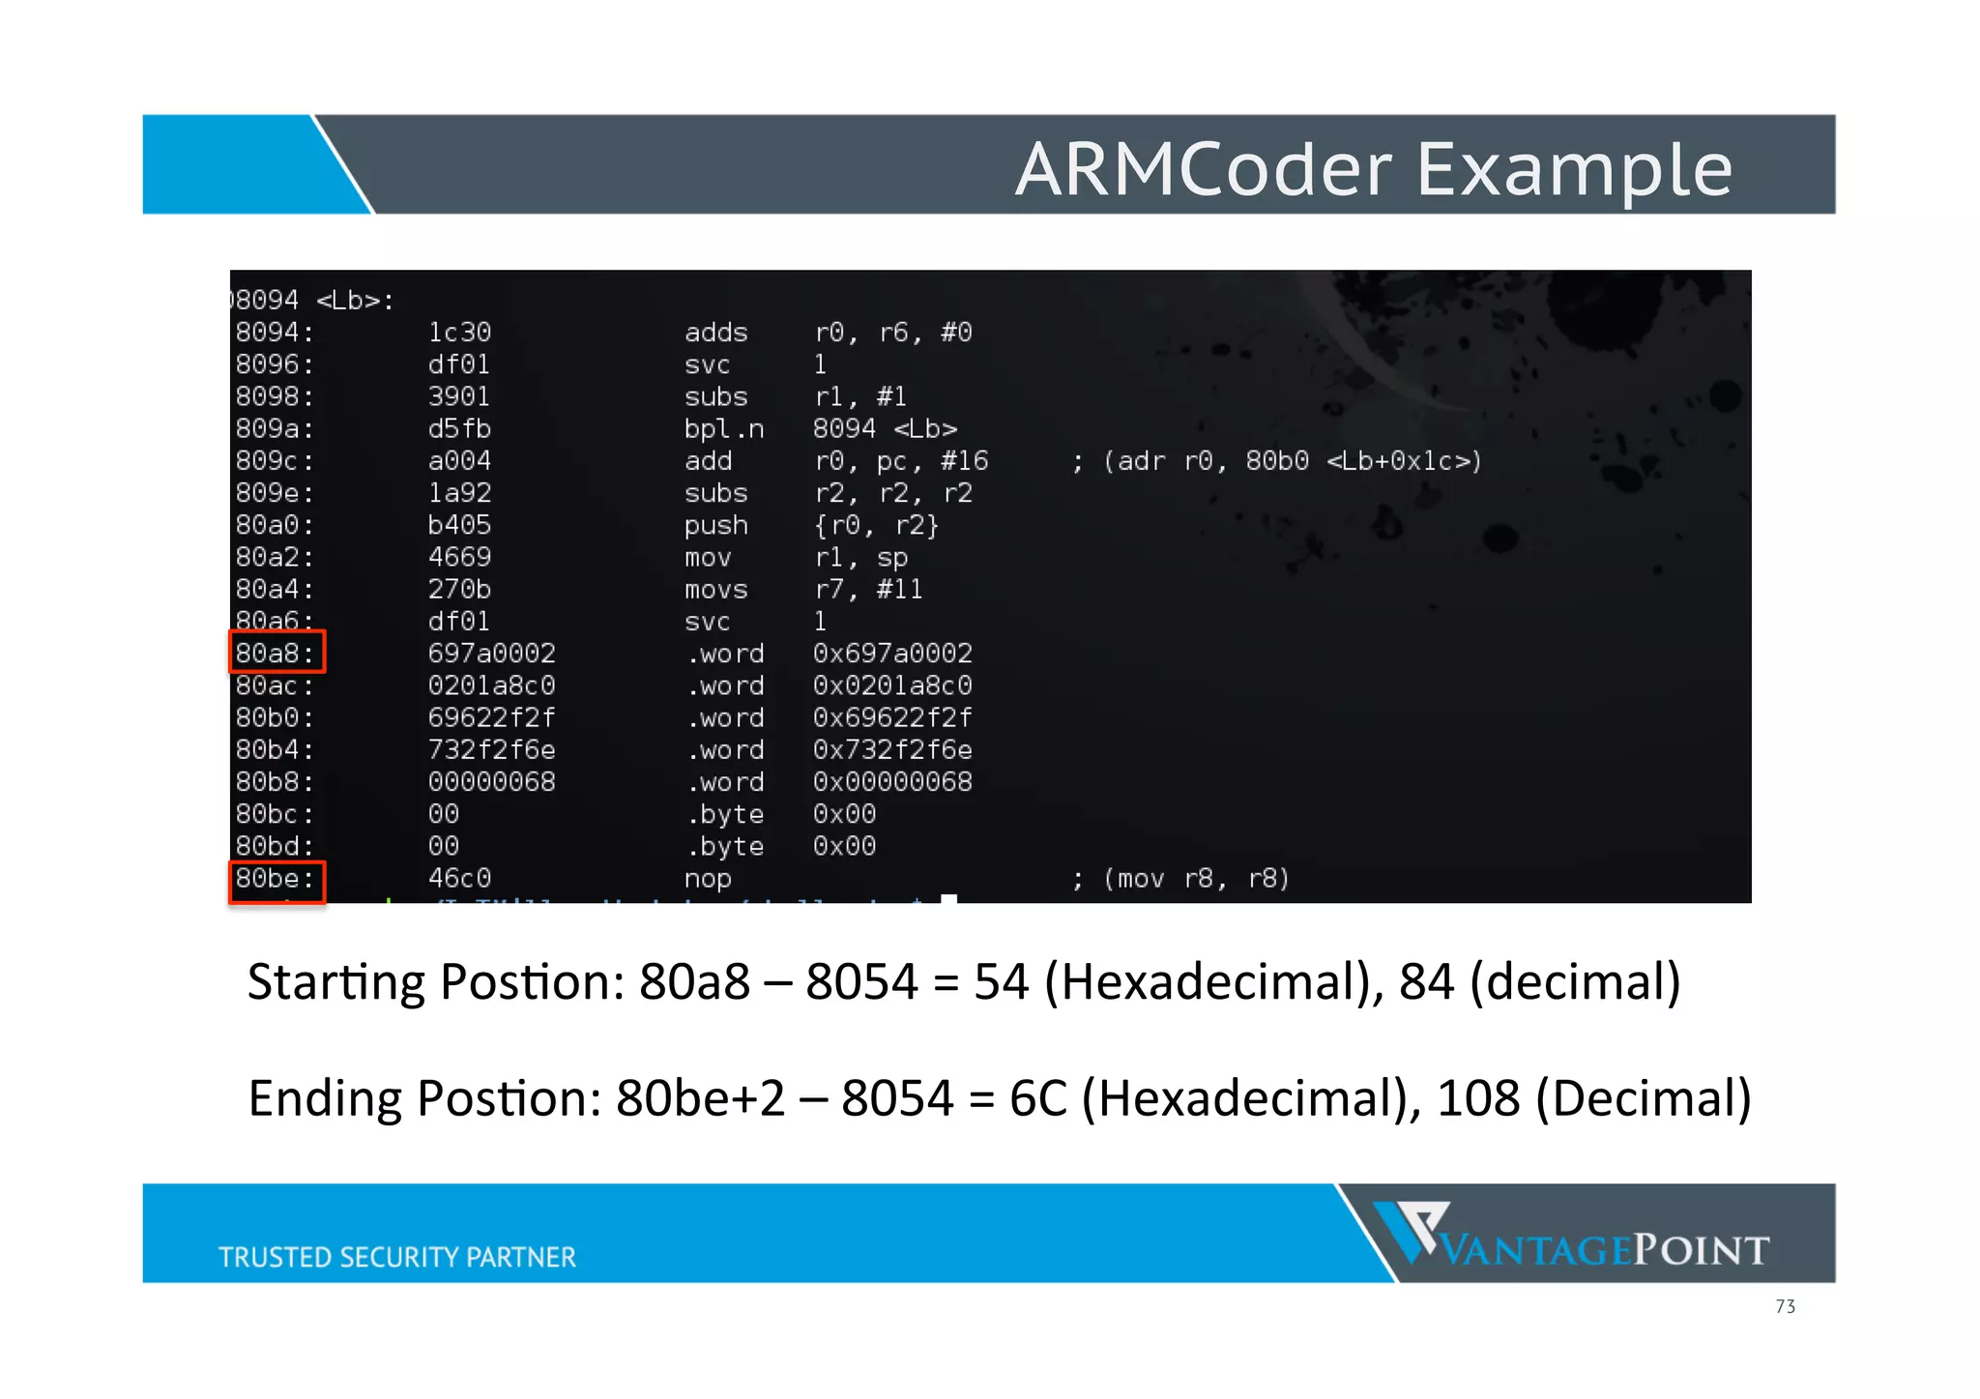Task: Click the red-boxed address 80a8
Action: [x=276, y=654]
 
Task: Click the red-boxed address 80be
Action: [x=276, y=879]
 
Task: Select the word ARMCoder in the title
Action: [x=1203, y=169]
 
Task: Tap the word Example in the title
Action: [x=1574, y=169]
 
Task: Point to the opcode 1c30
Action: [x=459, y=333]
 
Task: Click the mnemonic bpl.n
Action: [x=723, y=429]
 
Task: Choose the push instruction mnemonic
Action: [x=715, y=526]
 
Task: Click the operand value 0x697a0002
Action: [x=892, y=654]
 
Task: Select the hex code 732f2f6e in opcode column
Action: [x=491, y=750]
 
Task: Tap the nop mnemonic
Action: [x=708, y=879]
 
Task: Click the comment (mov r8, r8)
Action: [x=1196, y=879]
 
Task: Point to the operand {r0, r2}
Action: [x=876, y=526]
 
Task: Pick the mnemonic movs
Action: [x=715, y=590]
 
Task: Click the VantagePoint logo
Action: [x=1571, y=1235]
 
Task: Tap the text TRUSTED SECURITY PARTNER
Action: [x=396, y=1257]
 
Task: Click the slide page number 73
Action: [x=1785, y=1307]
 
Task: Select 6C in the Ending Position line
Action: [x=1037, y=1099]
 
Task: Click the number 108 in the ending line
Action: [x=1477, y=1099]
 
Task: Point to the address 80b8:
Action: [x=275, y=782]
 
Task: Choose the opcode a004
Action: [x=459, y=461]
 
